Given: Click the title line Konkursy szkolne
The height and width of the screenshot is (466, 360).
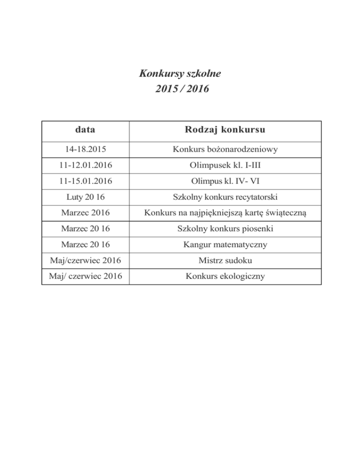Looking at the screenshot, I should pos(180,74).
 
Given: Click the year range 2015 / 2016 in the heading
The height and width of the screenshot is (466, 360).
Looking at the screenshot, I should pos(180,88).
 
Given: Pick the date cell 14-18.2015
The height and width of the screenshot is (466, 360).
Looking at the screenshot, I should pos(85,150).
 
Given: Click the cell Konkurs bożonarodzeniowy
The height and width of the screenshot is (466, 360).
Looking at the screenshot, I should pos(225,150).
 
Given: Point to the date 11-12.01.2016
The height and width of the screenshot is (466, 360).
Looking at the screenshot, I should pos(85,165).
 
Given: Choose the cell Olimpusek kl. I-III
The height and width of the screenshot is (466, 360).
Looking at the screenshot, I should pos(225,165).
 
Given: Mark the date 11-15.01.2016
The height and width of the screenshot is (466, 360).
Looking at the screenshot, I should pos(85,181).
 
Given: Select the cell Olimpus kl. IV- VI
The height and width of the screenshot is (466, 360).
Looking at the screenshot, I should pos(225,181).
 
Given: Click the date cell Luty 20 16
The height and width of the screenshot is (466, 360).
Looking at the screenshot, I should pos(85,197).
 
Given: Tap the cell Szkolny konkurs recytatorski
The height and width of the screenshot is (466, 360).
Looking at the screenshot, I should pos(225,197).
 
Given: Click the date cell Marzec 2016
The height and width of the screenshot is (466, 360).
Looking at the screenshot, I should pos(85,213).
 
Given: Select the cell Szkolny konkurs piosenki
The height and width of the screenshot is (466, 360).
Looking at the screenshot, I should pos(225,229).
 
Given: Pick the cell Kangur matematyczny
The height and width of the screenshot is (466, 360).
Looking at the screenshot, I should pos(225,245).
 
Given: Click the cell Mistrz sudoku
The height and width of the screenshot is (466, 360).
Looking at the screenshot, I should pos(225,261).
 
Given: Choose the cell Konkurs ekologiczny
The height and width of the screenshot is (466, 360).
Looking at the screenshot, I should pos(225,276).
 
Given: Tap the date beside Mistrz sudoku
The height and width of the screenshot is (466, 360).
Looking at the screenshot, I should pos(85,261).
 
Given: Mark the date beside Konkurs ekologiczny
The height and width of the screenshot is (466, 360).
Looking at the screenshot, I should pos(85,276).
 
